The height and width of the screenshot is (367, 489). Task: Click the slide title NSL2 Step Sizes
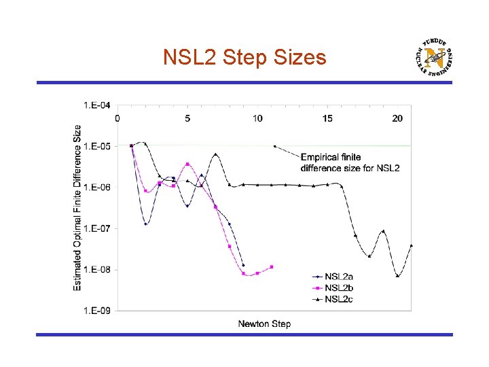244,58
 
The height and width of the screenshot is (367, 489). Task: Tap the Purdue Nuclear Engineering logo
435,57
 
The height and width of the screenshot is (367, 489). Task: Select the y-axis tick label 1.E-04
97,105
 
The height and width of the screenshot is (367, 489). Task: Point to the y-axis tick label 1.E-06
97,187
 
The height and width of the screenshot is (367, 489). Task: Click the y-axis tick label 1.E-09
97,311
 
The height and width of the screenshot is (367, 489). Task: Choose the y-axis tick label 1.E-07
97,228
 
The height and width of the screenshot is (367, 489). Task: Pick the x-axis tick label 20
397,118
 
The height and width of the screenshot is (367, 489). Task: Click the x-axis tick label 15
327,118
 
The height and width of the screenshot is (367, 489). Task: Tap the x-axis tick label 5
187,118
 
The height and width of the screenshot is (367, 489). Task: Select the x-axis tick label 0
117,118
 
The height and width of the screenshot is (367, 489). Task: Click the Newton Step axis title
264,324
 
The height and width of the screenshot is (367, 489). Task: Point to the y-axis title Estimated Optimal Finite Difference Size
77,208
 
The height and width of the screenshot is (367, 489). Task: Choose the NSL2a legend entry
338,276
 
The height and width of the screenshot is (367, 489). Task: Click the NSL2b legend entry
338,287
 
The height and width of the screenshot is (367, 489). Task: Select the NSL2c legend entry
338,299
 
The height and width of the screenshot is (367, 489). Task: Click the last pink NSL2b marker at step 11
272,267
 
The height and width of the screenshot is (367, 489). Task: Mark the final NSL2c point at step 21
412,245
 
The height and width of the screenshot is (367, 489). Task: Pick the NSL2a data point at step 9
243,265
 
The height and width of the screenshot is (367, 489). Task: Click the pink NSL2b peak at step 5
187,164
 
